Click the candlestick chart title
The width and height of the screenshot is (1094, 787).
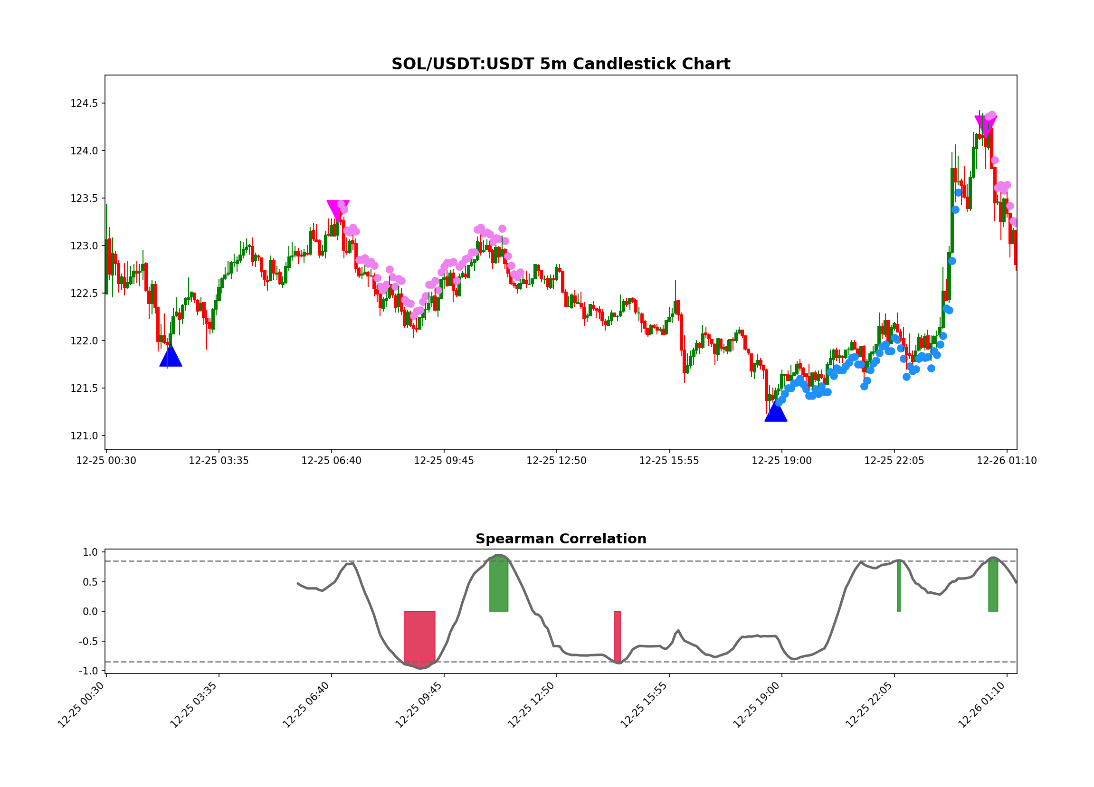(x=561, y=64)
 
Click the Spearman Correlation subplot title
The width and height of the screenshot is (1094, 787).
(x=561, y=539)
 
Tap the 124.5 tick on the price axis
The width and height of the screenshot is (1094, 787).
(x=84, y=104)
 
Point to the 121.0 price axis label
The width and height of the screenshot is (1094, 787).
(x=84, y=436)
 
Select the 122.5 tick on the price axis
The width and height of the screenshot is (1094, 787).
(x=84, y=294)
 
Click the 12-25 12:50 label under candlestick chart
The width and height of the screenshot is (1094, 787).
(x=556, y=461)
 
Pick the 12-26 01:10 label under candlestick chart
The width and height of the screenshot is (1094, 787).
(x=1006, y=461)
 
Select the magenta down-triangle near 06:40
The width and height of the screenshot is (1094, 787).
(x=338, y=209)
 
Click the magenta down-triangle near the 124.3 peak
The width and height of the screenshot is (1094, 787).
(x=986, y=124)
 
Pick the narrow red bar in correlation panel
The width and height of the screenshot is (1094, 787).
(x=617, y=636)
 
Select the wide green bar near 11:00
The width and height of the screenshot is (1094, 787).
(x=498, y=585)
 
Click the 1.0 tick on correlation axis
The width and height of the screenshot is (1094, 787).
(x=90, y=552)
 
